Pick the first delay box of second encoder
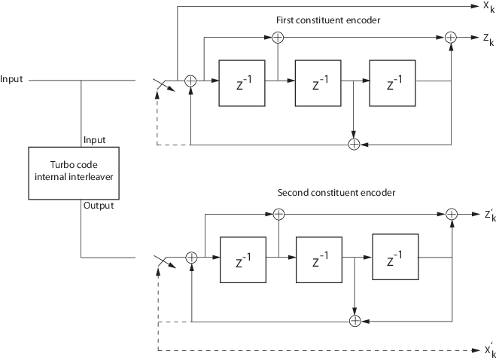click(241, 258)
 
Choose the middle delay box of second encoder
click(318, 258)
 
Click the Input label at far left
click(13, 79)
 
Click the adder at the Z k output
click(451, 37)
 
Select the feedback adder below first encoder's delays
click(354, 143)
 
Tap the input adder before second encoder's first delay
click(191, 258)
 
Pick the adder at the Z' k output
click(452, 215)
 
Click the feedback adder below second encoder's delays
click(355, 321)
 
